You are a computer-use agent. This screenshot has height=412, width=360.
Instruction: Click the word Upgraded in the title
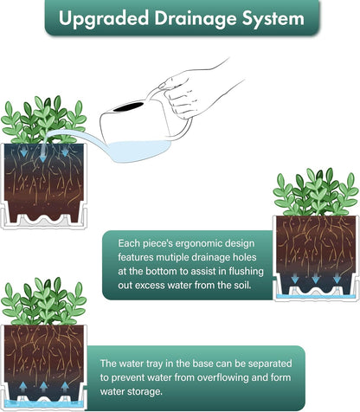[104, 19]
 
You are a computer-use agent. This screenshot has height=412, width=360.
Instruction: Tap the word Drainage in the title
[196, 19]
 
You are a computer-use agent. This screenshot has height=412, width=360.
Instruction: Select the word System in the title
[273, 19]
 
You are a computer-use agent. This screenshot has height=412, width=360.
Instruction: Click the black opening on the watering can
[128, 106]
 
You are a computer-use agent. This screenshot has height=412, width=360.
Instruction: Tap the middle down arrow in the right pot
[316, 279]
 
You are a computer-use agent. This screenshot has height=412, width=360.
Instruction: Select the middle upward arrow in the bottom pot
[43, 386]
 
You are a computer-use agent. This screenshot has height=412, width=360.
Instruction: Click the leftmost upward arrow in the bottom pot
[22, 386]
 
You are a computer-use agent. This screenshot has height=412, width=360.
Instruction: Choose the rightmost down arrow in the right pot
[337, 279]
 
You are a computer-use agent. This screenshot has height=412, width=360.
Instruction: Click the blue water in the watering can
[136, 151]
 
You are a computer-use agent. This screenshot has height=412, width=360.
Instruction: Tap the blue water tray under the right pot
[316, 296]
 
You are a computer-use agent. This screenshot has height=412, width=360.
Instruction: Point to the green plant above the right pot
[316, 192]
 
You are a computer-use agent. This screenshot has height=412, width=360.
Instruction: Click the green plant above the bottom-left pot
[43, 301]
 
